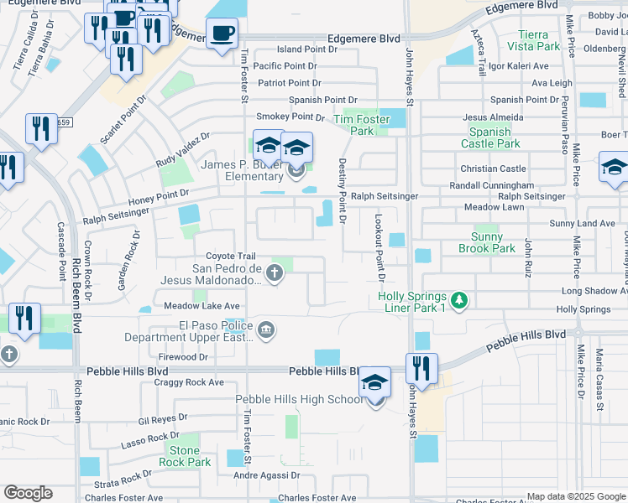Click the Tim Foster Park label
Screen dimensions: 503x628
click(362, 125)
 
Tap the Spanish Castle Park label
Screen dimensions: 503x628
click(489, 137)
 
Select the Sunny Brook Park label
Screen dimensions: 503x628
click(487, 242)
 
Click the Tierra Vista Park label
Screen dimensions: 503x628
click(539, 40)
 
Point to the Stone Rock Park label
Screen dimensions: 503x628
click(185, 456)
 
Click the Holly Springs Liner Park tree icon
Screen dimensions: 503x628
click(458, 299)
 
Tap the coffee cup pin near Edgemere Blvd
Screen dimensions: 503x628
click(222, 34)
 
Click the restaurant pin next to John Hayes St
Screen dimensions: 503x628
click(421, 369)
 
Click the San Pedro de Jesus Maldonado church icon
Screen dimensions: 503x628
click(274, 272)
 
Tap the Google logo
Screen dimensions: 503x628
click(28, 493)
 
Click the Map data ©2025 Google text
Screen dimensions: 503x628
click(576, 496)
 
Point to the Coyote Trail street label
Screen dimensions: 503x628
click(231, 256)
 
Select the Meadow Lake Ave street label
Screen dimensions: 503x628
click(201, 306)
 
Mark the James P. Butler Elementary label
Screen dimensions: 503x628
click(242, 170)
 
